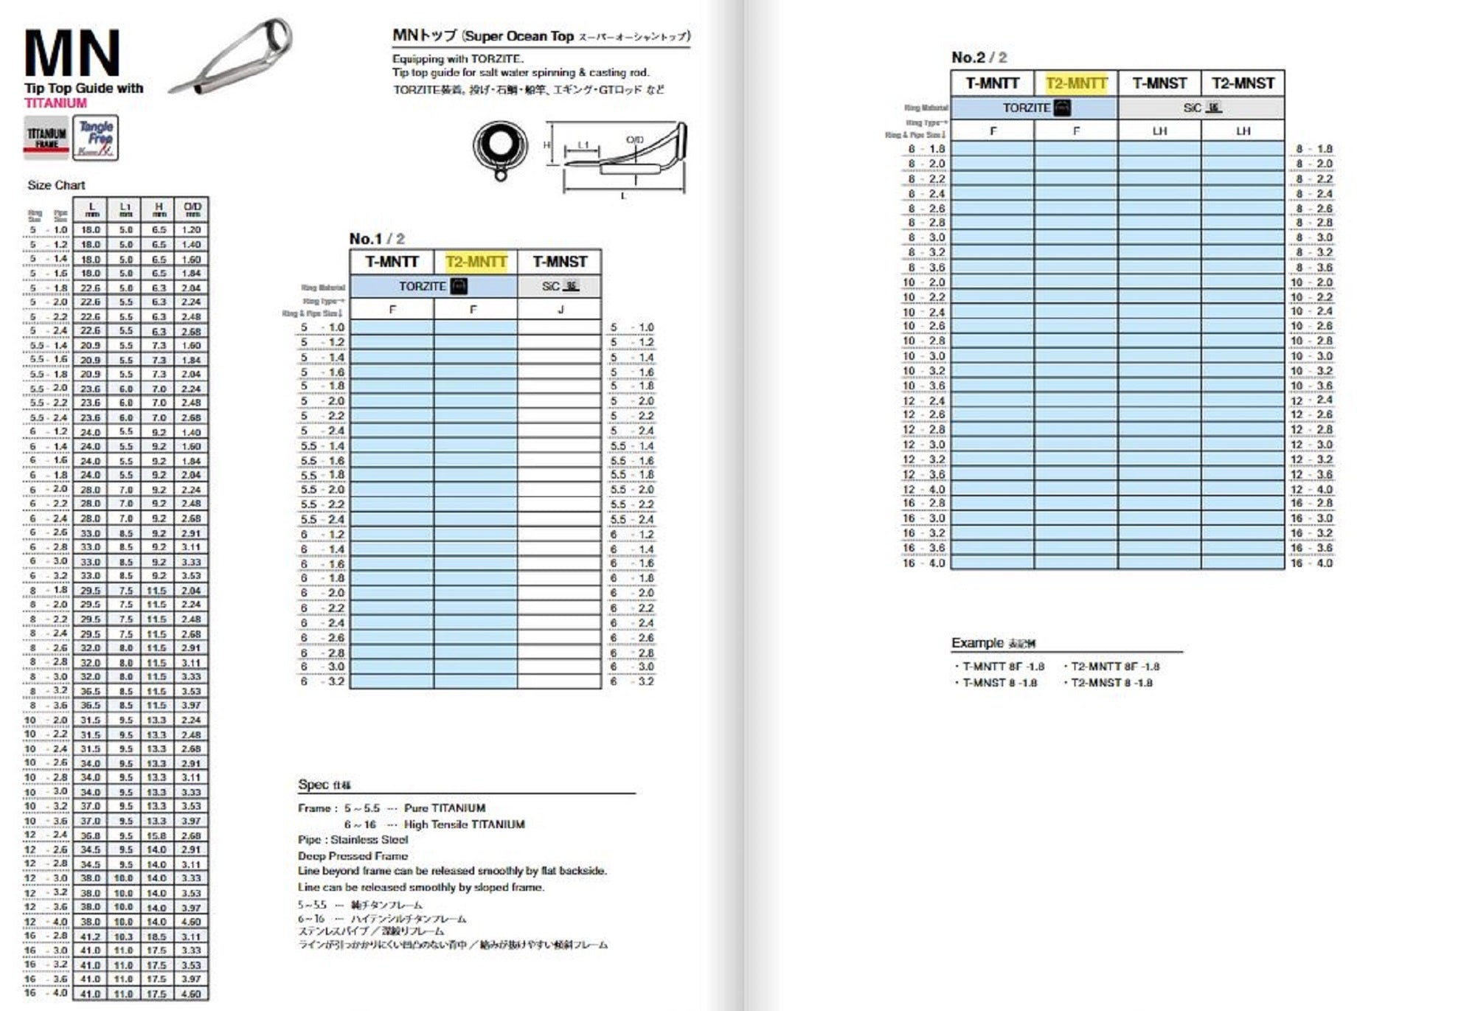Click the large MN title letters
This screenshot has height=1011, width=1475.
tap(72, 53)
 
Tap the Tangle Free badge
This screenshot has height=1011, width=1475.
tap(96, 137)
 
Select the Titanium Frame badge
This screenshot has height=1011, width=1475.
tap(46, 137)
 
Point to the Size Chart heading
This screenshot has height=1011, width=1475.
tap(56, 185)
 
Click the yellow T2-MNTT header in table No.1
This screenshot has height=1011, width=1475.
tap(476, 262)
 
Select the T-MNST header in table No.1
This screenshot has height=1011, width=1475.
tap(560, 262)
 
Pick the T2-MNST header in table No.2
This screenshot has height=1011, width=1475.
tap(1243, 83)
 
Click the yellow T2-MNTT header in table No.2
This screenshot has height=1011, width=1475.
tap(1076, 83)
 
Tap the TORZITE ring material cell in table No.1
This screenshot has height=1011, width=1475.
tap(433, 286)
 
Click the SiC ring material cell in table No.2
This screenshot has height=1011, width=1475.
tap(1201, 108)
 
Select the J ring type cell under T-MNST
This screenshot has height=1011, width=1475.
tap(560, 310)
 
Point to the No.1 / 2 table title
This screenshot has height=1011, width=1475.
tap(377, 238)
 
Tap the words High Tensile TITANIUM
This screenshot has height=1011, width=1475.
tap(464, 824)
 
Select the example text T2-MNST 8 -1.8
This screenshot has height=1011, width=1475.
tap(1111, 683)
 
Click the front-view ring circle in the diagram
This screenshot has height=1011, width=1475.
tap(499, 145)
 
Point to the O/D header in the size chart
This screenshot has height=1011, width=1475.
tap(192, 209)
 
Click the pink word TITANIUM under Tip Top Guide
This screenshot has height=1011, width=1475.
tap(55, 103)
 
